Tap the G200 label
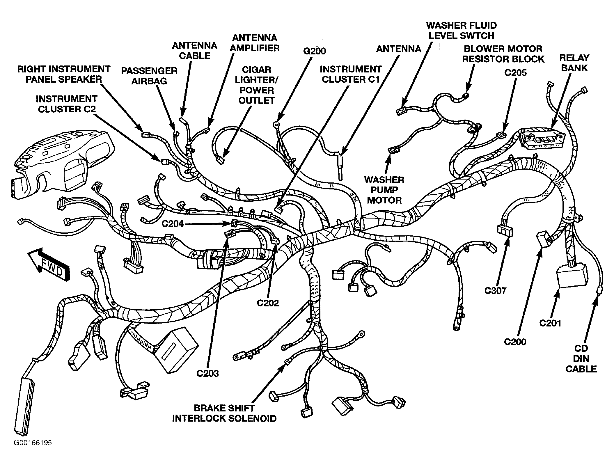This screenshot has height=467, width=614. click(315, 51)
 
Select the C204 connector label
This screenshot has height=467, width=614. click(173, 223)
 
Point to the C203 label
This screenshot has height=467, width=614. click(207, 373)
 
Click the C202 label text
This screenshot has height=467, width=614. click(268, 303)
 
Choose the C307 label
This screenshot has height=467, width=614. click(495, 290)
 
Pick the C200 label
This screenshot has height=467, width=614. click(515, 341)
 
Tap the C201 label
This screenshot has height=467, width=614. click(550, 323)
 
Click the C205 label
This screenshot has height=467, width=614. click(515, 72)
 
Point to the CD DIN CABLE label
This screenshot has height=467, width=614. click(581, 359)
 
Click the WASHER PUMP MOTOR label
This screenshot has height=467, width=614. click(384, 190)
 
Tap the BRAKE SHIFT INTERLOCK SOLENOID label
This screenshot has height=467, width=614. click(224, 413)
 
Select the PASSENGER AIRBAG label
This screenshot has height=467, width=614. click(149, 76)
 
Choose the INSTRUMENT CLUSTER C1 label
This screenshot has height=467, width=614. click(351, 74)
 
